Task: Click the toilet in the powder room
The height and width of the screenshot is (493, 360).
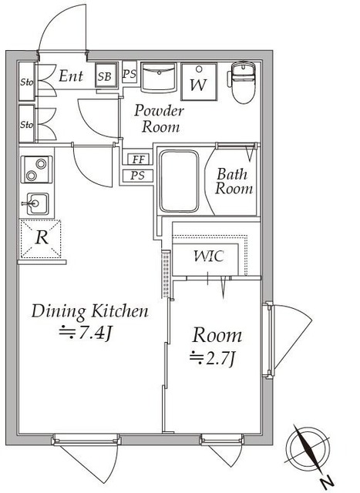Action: [x=243, y=82]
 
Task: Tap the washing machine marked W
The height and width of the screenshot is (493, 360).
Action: [x=199, y=82]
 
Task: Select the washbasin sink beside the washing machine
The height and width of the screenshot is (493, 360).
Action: [x=158, y=77]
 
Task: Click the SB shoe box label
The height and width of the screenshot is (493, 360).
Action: [x=105, y=76]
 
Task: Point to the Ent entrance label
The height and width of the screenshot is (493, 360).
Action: [x=71, y=76]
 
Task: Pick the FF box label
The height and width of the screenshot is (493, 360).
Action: [x=139, y=159]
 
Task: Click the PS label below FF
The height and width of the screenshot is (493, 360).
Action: [x=137, y=176]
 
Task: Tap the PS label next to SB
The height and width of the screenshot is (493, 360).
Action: [x=130, y=74]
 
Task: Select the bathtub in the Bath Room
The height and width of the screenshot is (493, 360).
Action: [x=179, y=182]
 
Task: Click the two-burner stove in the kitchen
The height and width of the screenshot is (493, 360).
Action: [x=36, y=169]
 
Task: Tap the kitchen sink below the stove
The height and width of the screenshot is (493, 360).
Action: [x=37, y=203]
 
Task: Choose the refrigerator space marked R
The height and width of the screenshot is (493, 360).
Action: [x=41, y=239]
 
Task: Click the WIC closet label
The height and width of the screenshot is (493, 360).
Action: [x=209, y=257]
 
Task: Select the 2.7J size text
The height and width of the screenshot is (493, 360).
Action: [x=213, y=358]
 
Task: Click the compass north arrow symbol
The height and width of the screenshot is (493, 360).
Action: [x=308, y=450]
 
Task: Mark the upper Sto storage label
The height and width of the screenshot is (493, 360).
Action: [x=27, y=82]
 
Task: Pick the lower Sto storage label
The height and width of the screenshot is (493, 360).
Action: [x=27, y=125]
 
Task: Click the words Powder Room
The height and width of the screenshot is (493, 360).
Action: [x=160, y=119]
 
